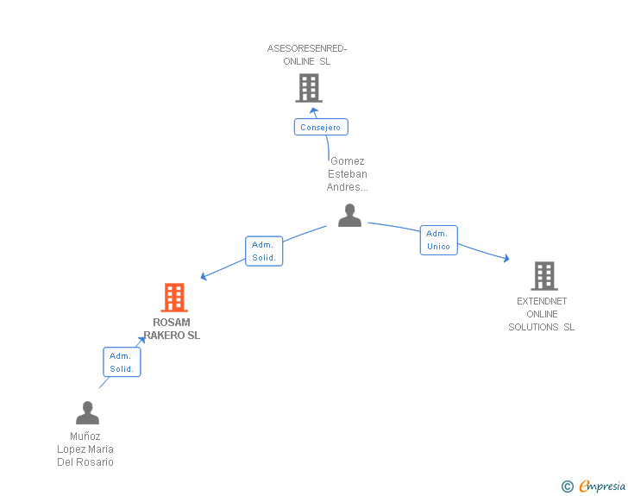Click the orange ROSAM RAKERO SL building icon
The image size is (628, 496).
(174, 298)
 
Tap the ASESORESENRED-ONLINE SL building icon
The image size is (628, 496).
(309, 87)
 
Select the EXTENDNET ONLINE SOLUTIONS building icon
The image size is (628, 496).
(543, 275)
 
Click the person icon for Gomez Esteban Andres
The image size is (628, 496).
(349, 216)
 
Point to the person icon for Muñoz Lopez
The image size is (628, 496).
(87, 413)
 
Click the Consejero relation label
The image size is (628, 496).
(320, 128)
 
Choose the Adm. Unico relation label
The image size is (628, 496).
(438, 240)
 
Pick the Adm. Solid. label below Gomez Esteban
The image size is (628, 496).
(264, 251)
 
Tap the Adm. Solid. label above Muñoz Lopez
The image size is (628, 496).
(122, 362)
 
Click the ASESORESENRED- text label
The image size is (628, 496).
(307, 48)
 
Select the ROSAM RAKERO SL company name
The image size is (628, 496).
(172, 329)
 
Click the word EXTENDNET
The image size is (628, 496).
(542, 301)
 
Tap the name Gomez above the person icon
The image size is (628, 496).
(348, 160)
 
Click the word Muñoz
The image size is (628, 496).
(85, 436)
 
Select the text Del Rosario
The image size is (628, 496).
(85, 462)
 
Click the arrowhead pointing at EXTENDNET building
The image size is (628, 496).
(506, 258)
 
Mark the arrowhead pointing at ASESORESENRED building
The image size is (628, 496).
(314, 110)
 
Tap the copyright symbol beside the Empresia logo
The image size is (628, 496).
(568, 487)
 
